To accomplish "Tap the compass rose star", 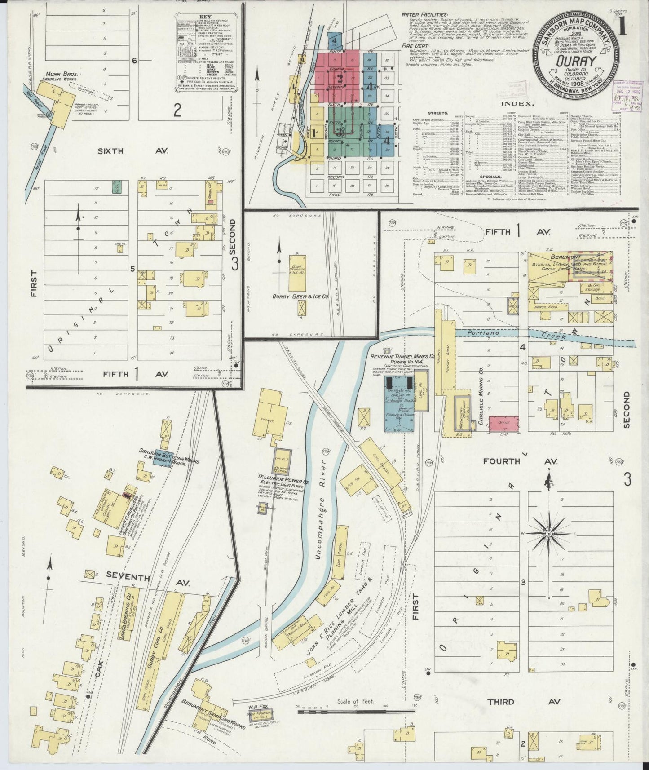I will click(x=548, y=533).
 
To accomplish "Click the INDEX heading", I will click(x=521, y=103).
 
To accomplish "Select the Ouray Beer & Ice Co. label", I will click(x=300, y=296).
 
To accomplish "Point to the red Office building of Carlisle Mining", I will click(x=503, y=423).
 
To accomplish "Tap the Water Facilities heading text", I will click(x=424, y=15).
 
